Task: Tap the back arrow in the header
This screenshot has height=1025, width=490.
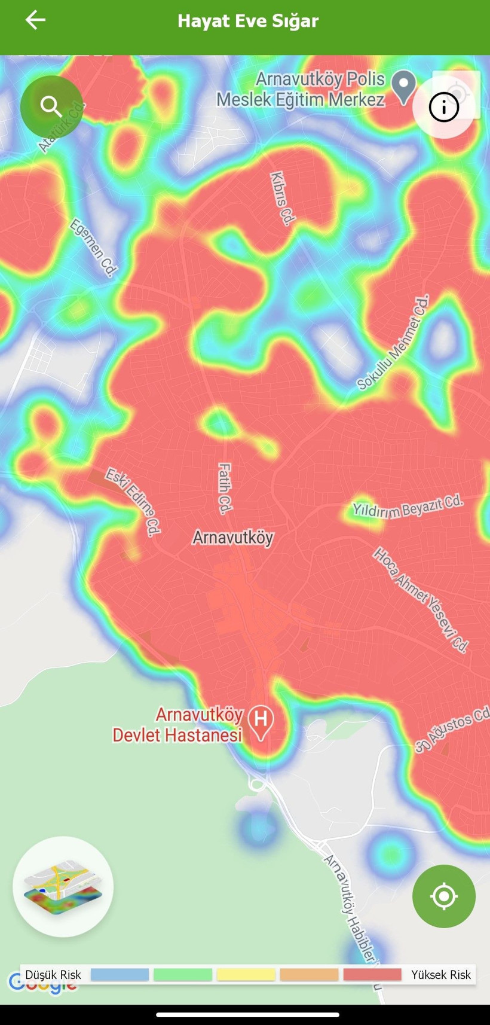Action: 35,20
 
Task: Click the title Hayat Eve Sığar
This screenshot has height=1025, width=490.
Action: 248,21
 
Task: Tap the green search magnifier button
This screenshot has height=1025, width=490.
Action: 51,107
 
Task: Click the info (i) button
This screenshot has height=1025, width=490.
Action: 443,108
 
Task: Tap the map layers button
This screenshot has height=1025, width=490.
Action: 63,886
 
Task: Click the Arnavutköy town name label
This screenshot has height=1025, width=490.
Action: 232,538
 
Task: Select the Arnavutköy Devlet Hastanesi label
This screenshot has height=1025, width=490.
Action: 178,725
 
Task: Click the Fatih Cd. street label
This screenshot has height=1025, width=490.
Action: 224,489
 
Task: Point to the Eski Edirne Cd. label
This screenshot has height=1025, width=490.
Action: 133,501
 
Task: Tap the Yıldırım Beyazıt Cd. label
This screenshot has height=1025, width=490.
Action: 408,506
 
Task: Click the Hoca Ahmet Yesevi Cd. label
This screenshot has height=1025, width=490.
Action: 421,599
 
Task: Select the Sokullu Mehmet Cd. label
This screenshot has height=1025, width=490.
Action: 393,343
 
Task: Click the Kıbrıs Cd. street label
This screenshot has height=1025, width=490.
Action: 283,199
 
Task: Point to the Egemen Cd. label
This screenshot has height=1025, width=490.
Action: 93,247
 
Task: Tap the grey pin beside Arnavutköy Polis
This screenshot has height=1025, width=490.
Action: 404,86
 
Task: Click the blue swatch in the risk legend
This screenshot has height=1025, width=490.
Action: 120,975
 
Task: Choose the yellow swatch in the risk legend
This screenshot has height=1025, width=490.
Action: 246,975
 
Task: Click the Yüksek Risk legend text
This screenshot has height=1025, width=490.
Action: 441,975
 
